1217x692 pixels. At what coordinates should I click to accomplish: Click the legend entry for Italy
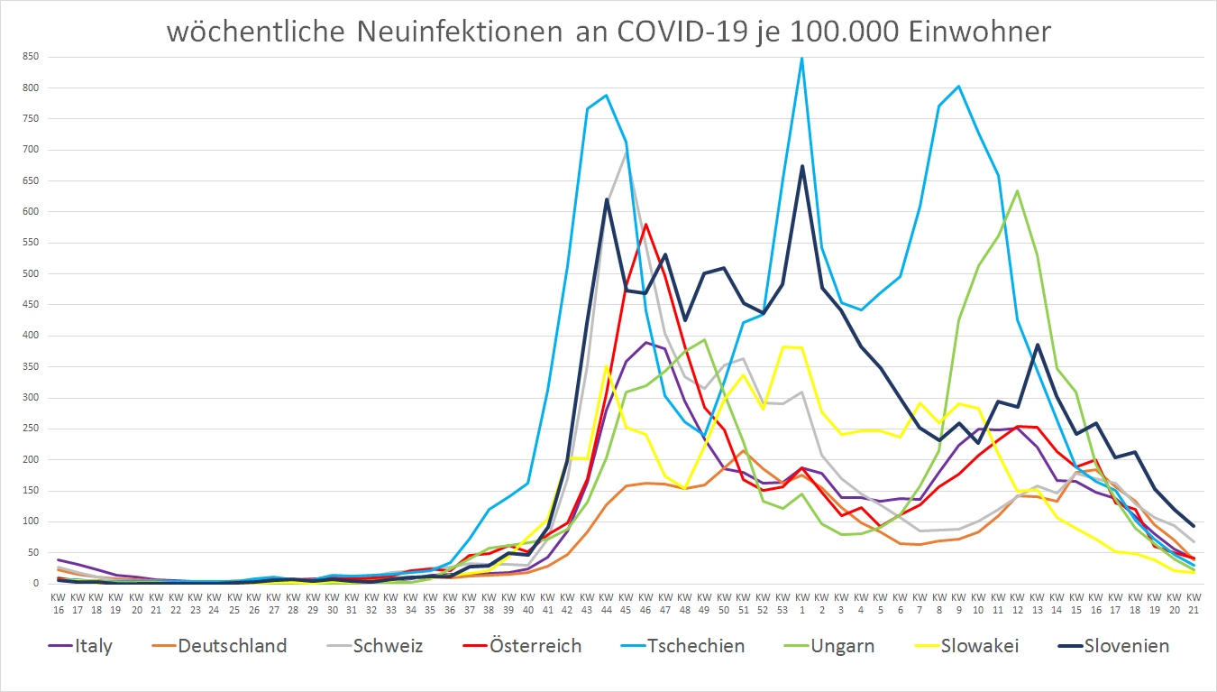(x=94, y=646)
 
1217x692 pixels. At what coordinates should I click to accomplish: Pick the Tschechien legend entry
(x=696, y=646)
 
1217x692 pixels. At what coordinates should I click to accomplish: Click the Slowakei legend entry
(x=979, y=646)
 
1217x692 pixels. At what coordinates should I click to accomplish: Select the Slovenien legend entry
(x=1128, y=646)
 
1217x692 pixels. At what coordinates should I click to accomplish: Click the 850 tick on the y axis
(x=31, y=57)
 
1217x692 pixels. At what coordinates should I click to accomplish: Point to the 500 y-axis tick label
(x=31, y=273)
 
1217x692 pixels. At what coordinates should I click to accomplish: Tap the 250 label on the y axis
(x=31, y=429)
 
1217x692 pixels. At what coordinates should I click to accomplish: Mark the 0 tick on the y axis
(x=37, y=584)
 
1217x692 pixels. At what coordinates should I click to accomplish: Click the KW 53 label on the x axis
(x=782, y=604)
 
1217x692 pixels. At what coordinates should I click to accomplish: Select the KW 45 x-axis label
(x=626, y=604)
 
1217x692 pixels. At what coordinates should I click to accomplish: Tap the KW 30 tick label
(x=332, y=604)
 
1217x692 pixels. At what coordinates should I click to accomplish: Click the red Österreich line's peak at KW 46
(x=645, y=224)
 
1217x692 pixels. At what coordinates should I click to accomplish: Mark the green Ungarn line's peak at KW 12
(x=1017, y=190)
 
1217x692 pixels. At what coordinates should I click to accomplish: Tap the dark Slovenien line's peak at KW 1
(x=801, y=166)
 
